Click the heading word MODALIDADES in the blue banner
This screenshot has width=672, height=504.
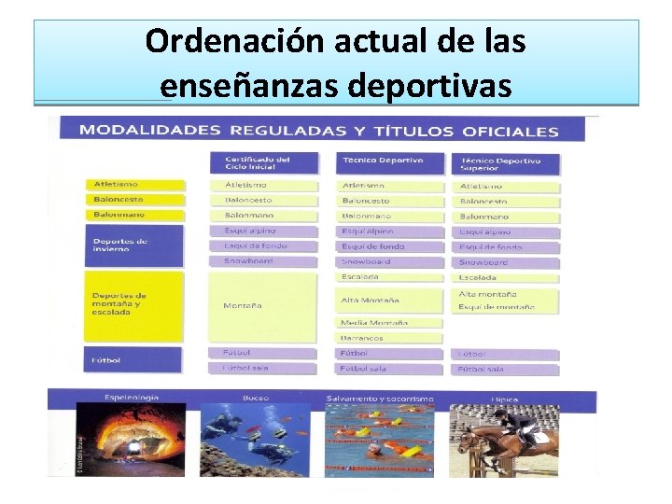pos(149,130)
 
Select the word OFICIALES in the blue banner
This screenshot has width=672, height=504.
pos(506,131)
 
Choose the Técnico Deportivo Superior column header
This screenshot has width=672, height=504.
pos(499,163)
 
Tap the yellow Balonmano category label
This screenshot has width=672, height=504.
pos(119,215)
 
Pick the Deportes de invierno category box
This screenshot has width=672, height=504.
pos(133,245)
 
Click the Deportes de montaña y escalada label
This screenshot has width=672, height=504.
pos(133,304)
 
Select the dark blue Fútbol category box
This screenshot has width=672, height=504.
pos(133,360)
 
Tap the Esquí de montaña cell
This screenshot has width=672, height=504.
pos(497,307)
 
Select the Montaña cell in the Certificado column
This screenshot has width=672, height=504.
pos(243,305)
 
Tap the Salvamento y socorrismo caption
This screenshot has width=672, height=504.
pos(380,399)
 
